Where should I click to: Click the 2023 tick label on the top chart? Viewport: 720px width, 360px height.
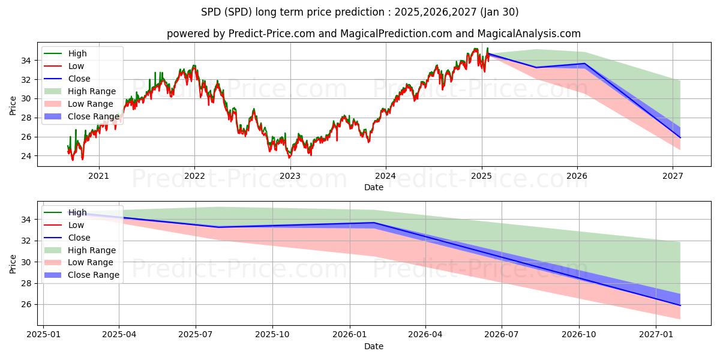[290, 176]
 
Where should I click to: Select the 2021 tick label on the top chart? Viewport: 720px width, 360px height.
[98, 176]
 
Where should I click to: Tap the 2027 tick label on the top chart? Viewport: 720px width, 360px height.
[673, 176]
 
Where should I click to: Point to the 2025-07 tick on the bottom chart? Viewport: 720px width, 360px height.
[196, 334]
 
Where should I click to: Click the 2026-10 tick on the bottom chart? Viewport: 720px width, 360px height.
[580, 334]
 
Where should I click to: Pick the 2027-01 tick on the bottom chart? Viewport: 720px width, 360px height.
[656, 334]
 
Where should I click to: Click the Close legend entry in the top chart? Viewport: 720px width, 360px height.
[79, 79]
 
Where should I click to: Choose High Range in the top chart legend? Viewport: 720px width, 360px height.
[90, 91]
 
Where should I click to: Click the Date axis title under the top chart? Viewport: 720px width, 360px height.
[373, 187]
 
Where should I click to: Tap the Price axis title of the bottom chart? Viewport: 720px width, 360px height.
[13, 263]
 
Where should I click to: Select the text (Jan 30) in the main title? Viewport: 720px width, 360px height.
[500, 12]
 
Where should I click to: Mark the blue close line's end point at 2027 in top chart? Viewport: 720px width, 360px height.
[680, 137]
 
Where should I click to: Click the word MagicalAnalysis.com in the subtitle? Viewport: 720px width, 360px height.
[528, 34]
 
